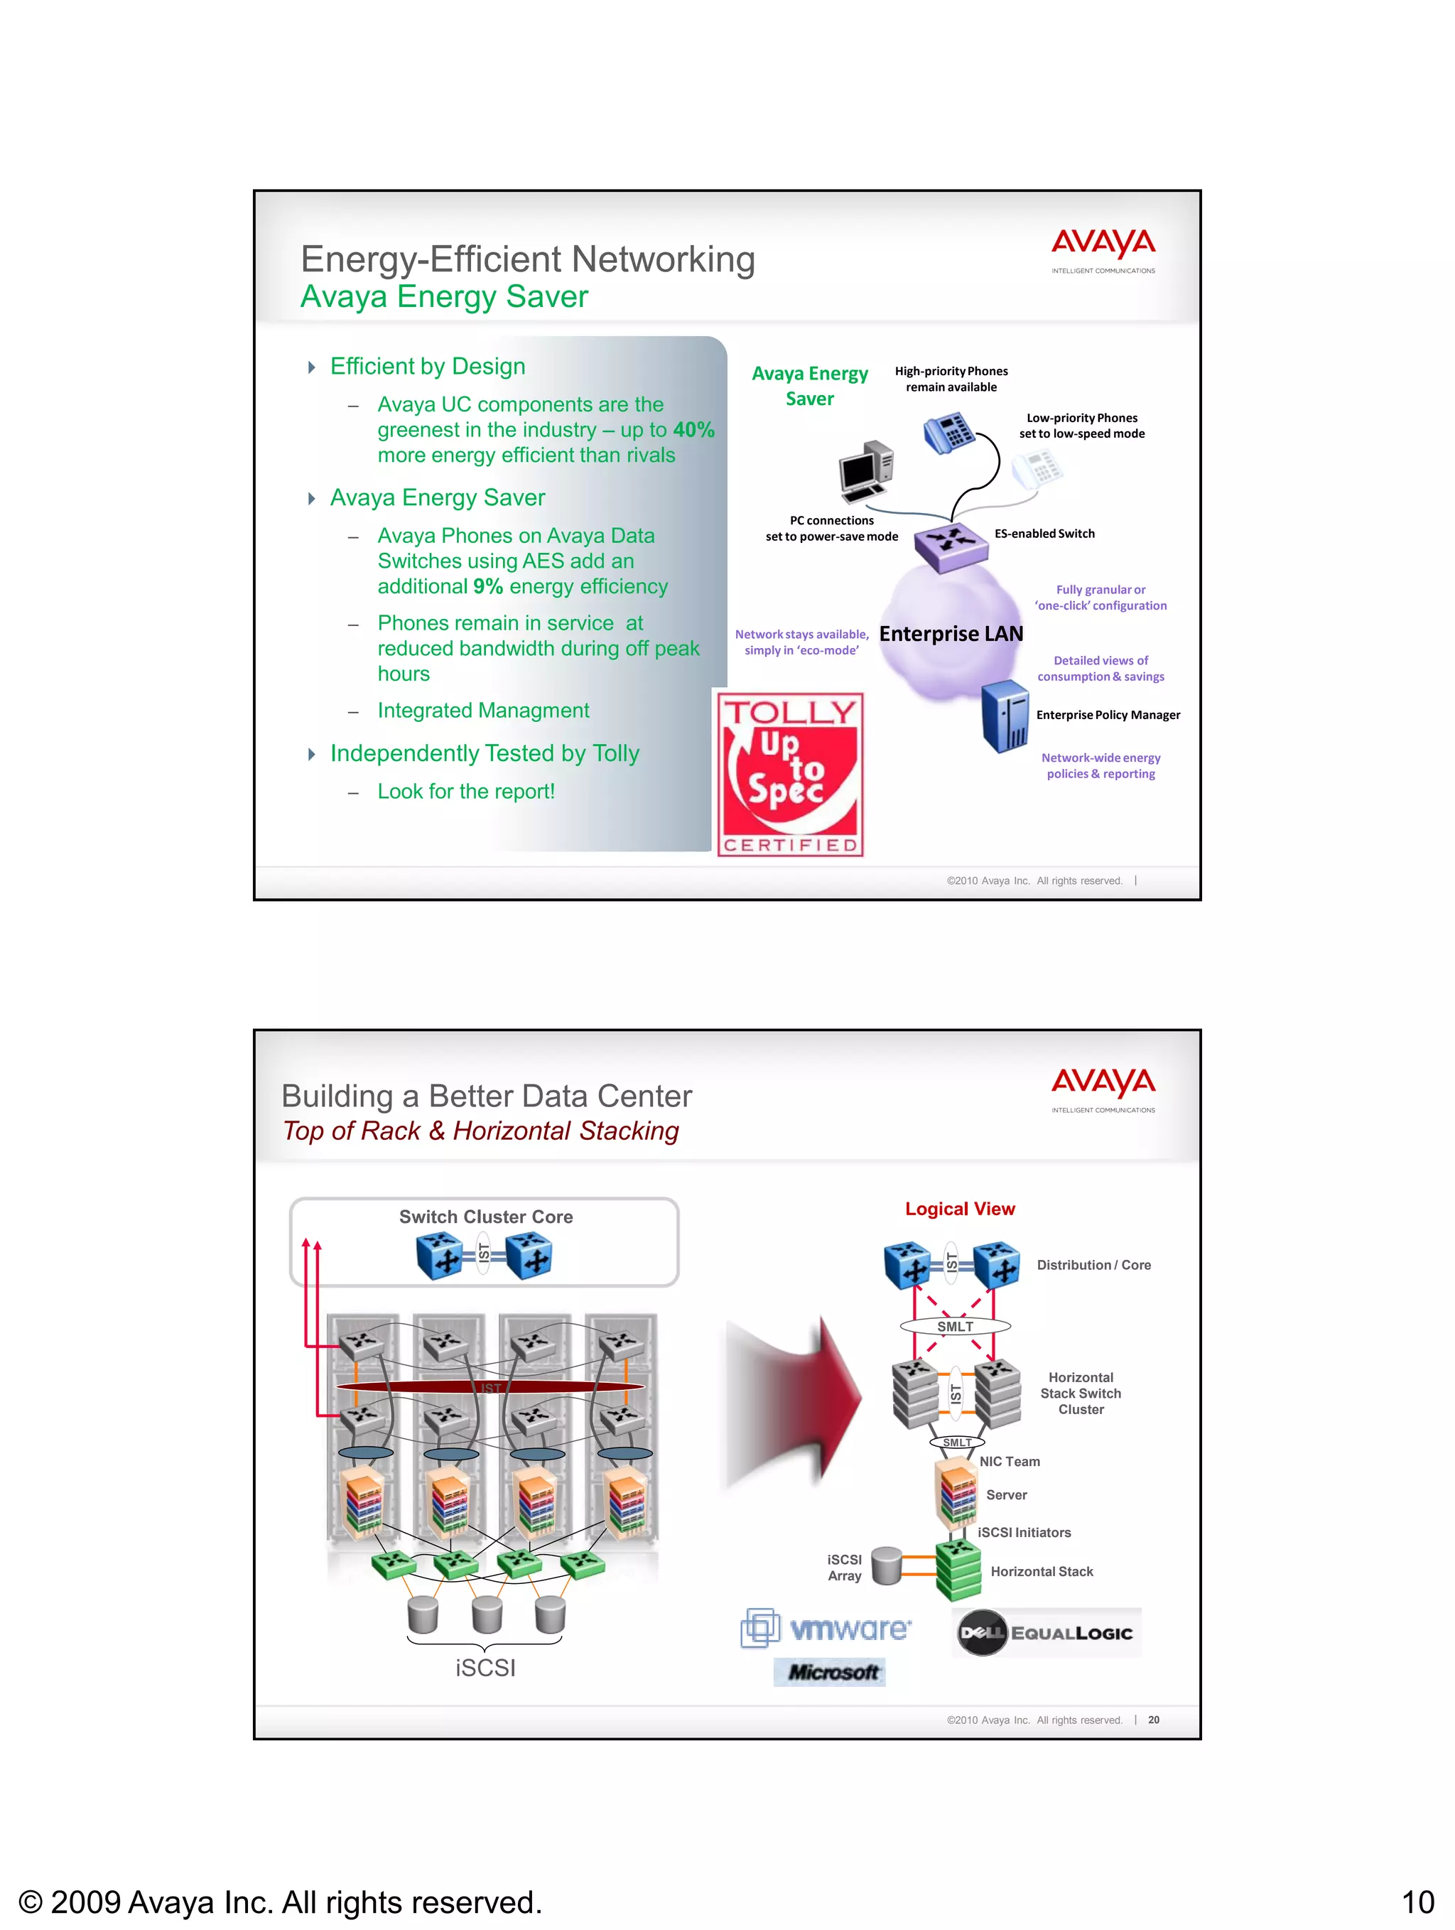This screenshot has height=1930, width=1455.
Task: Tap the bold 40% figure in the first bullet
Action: (x=693, y=430)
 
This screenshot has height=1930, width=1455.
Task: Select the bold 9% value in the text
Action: (x=487, y=587)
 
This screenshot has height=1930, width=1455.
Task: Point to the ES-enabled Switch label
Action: (x=1044, y=534)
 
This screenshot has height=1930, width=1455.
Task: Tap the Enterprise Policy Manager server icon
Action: (x=1005, y=716)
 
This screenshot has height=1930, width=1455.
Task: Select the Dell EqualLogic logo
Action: (x=1046, y=1632)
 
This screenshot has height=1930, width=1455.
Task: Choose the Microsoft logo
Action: (x=830, y=1673)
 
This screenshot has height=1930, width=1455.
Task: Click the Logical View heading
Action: (x=960, y=1209)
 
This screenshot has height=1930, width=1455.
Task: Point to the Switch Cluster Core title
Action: (x=486, y=1217)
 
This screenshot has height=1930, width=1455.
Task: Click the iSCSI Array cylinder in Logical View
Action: (x=886, y=1566)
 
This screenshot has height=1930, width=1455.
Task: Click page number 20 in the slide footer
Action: (x=1153, y=1720)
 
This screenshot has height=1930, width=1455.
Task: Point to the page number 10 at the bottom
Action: (x=1417, y=1902)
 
